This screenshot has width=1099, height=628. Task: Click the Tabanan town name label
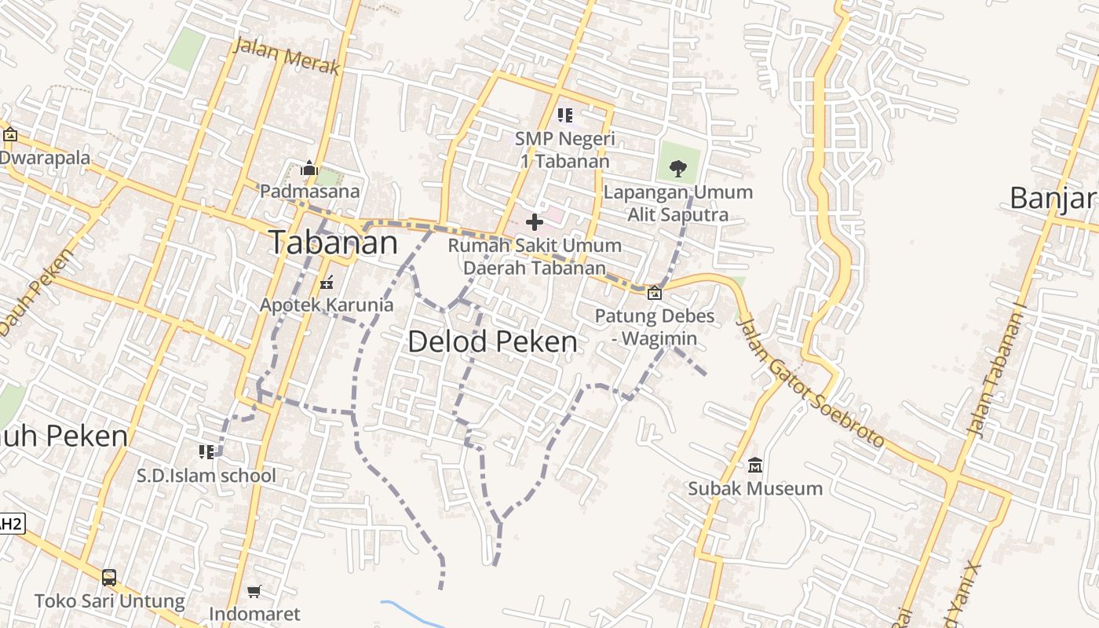[x=334, y=242]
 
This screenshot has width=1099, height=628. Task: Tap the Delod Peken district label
[x=492, y=341]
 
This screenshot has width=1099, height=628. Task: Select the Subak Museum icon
[x=755, y=466]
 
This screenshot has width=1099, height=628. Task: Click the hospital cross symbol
[x=535, y=222]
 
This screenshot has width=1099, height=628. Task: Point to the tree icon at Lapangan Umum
[x=677, y=168]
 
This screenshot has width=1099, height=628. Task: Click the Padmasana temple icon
[x=309, y=168]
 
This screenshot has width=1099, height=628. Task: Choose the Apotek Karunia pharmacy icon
[x=327, y=283]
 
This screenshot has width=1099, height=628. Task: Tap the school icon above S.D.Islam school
[x=206, y=451]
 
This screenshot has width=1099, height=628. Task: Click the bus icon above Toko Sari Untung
[x=109, y=578]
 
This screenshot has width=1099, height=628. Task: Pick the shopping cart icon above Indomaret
[x=254, y=591]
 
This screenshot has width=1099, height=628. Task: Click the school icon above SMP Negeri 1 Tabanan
[x=564, y=115]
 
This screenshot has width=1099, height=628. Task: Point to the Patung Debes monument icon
[x=654, y=293]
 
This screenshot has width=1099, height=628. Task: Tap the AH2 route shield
[x=11, y=524]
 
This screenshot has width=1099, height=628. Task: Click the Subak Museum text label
[x=755, y=488]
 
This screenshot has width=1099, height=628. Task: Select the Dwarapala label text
[x=45, y=158]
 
